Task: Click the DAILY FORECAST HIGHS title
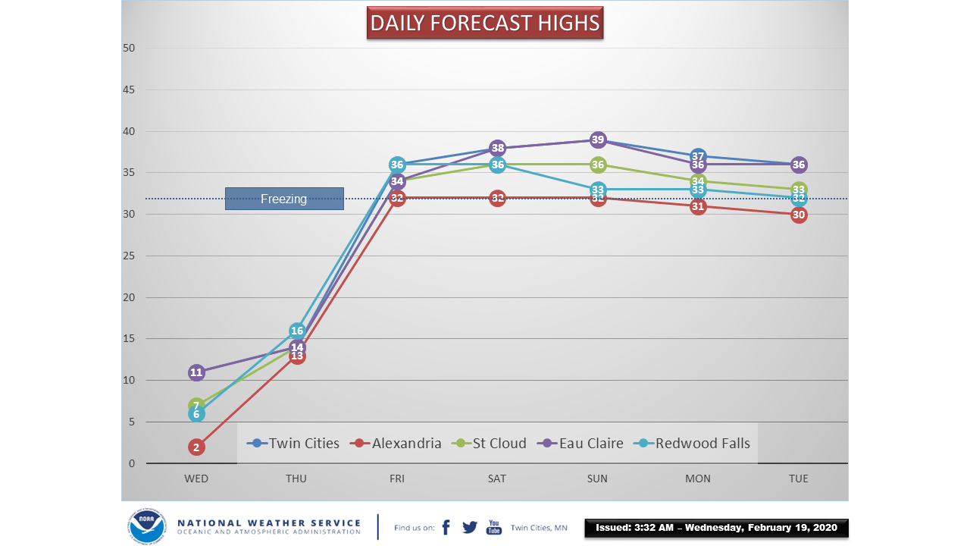click(485, 24)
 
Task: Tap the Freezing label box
click(284, 199)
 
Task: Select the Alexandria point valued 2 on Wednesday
click(196, 447)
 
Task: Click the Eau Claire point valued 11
click(196, 372)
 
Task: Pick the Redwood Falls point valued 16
click(297, 331)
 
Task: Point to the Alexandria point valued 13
click(297, 356)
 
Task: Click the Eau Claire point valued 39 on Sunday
click(598, 140)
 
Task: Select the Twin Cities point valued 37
click(698, 156)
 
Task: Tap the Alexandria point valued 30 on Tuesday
click(798, 215)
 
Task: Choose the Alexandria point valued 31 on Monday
click(698, 206)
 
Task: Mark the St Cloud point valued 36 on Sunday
click(598, 165)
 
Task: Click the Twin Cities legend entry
click(295, 444)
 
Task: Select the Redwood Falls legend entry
click(692, 444)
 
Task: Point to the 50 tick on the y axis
click(129, 49)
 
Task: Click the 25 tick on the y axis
click(129, 256)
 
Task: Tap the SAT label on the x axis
click(497, 479)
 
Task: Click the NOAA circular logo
click(146, 526)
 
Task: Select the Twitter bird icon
click(470, 527)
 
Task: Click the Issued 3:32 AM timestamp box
click(716, 528)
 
